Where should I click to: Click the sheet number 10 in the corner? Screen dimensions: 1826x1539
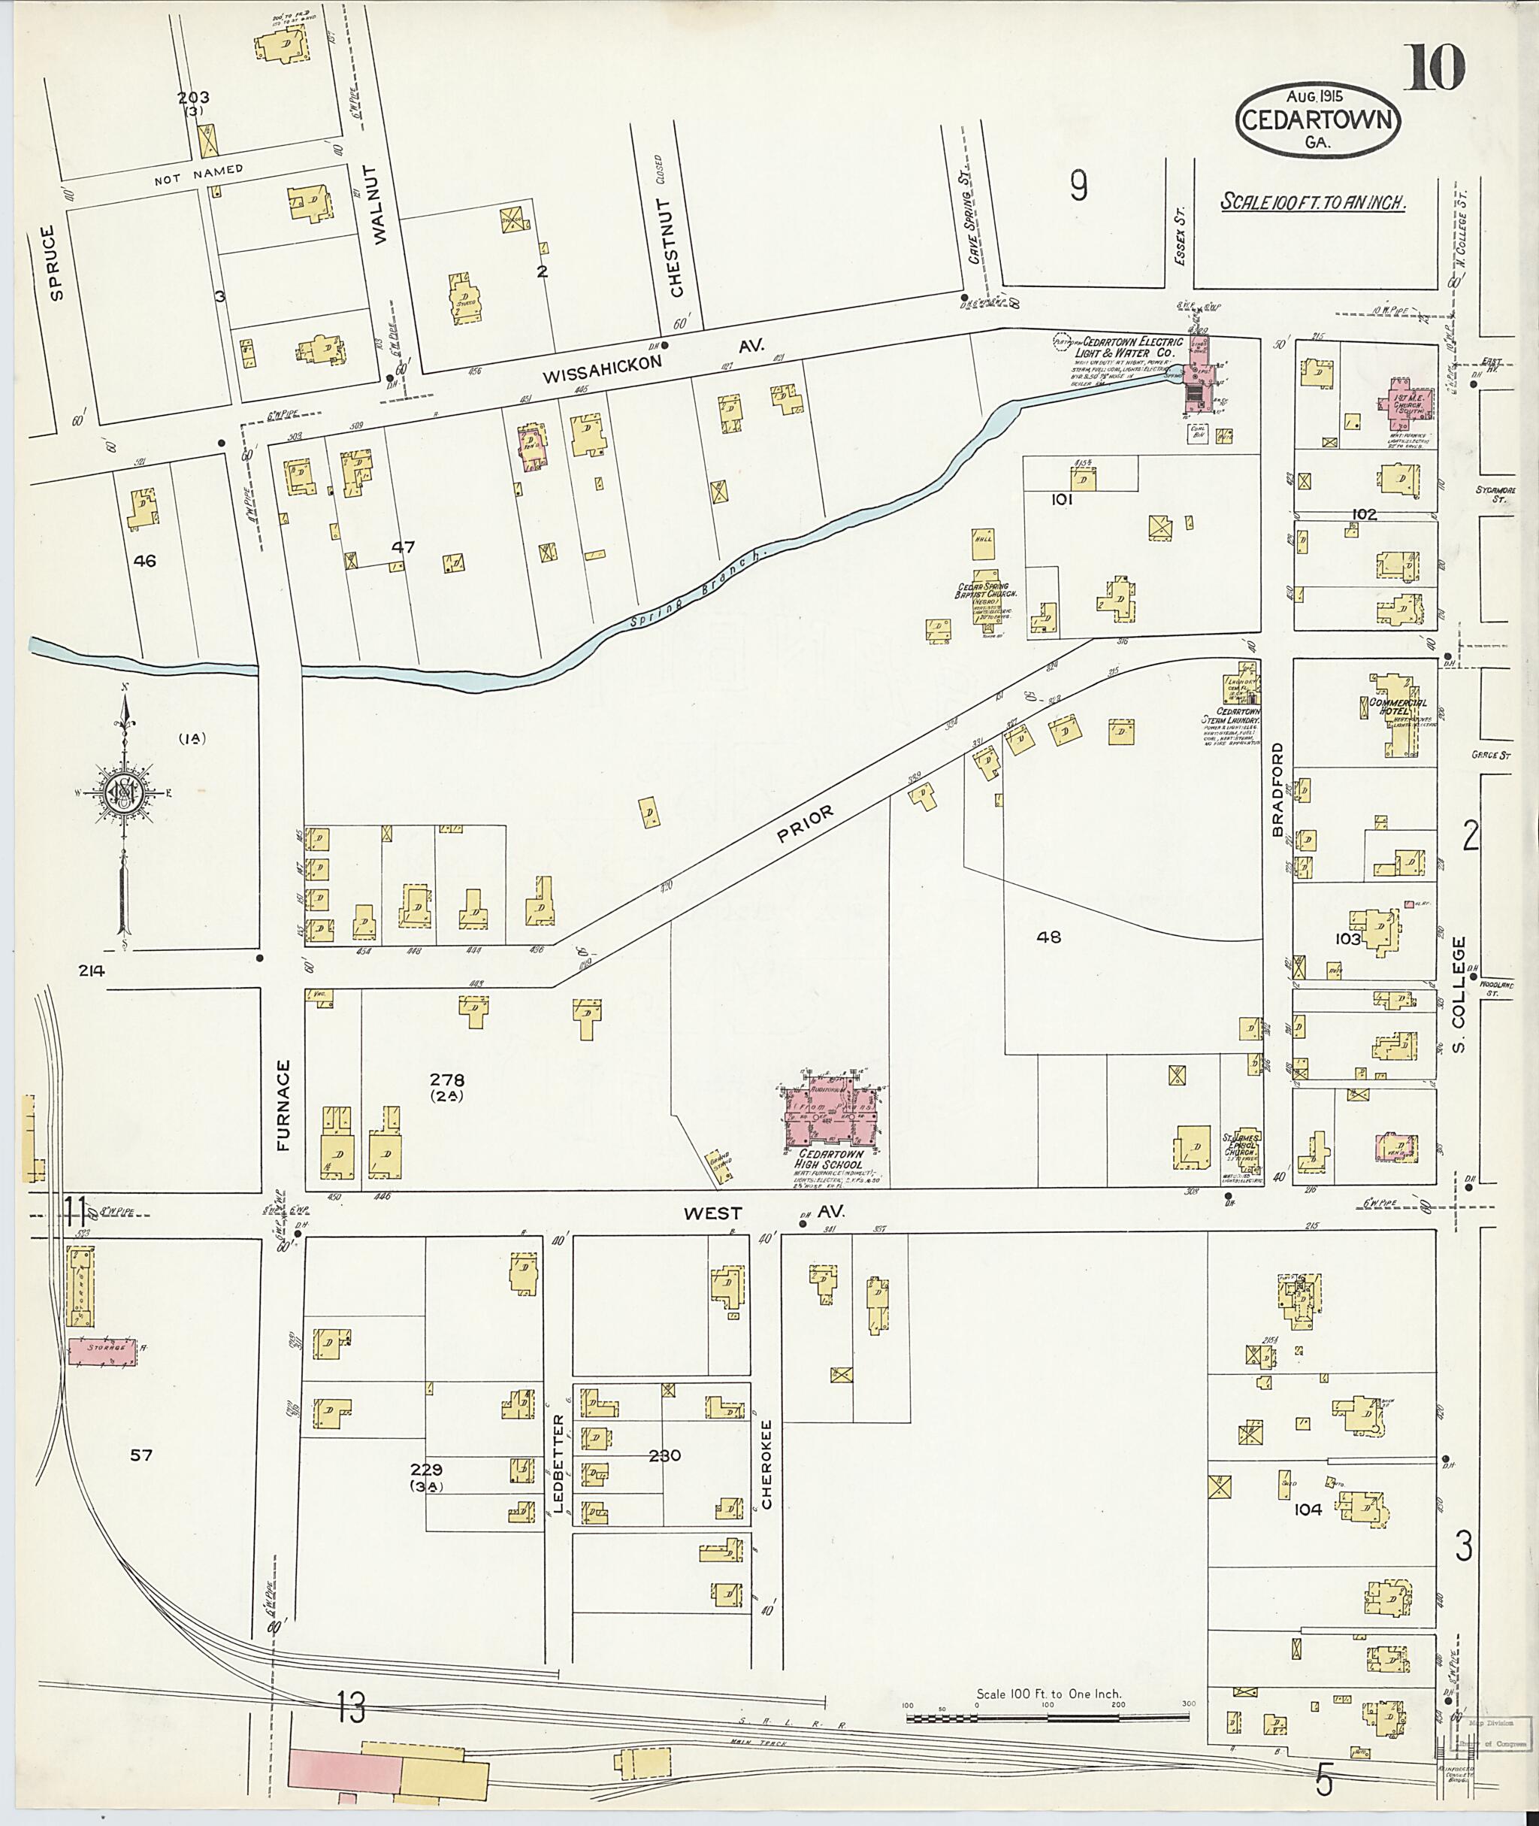point(1435,68)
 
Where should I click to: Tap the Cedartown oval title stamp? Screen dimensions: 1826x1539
point(1317,121)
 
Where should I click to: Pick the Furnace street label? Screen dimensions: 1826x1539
point(283,1105)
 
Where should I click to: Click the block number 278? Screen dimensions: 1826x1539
point(453,1079)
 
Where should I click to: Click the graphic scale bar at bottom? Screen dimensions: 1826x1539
point(1047,1718)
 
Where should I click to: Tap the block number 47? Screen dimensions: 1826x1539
point(402,547)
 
